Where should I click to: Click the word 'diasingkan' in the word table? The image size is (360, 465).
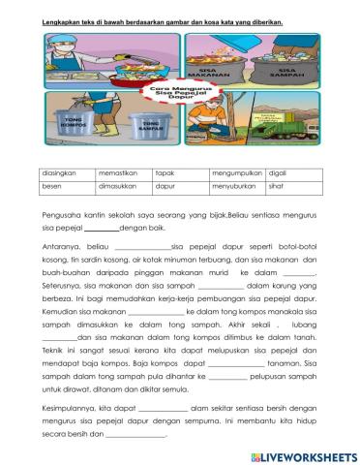click(61, 171)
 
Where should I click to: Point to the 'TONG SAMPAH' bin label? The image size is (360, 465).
click(149, 124)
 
